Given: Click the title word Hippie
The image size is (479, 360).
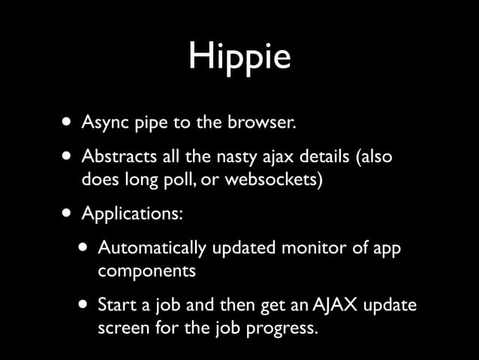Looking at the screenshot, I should (x=239, y=58).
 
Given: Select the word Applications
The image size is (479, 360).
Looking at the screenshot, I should (x=131, y=214).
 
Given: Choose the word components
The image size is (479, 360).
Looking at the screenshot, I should (x=147, y=270).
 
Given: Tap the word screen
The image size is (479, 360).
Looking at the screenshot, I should (x=120, y=328).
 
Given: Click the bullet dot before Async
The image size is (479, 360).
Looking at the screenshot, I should (x=69, y=122).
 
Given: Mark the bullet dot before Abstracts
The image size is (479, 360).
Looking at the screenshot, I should (x=69, y=159).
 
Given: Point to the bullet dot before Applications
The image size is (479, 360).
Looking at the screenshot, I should (x=69, y=213).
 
